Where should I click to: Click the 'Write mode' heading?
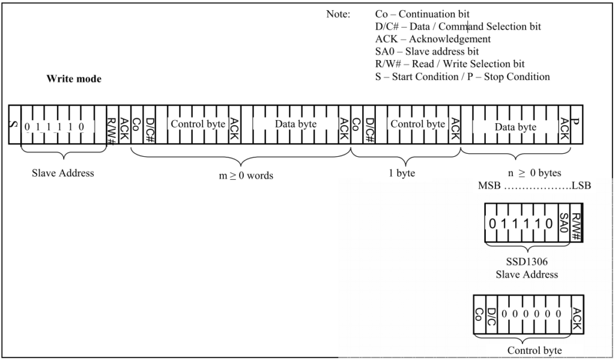click(x=74, y=79)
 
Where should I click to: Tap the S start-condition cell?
click(x=14, y=124)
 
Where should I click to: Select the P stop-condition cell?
click(x=576, y=124)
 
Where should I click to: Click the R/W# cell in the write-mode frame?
click(x=112, y=124)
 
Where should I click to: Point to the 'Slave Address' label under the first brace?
click(x=62, y=173)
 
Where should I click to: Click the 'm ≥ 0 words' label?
click(x=246, y=175)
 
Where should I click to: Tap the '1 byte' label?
click(x=402, y=173)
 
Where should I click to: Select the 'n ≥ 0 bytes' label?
click(x=535, y=172)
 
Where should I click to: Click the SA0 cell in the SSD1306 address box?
click(x=563, y=222)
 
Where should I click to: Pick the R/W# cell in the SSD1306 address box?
click(x=576, y=222)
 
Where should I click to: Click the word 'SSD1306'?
click(x=527, y=261)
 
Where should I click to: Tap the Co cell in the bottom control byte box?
click(x=479, y=314)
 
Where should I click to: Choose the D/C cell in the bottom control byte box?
click(x=491, y=314)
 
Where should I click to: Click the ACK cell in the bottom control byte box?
click(x=577, y=314)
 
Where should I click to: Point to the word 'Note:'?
click(x=338, y=14)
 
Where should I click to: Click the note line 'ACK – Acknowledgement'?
click(x=433, y=39)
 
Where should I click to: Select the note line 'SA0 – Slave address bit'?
click(x=427, y=52)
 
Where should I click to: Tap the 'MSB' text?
click(x=489, y=185)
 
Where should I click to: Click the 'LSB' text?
click(x=581, y=185)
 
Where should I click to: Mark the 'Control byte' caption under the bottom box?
click(x=534, y=350)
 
